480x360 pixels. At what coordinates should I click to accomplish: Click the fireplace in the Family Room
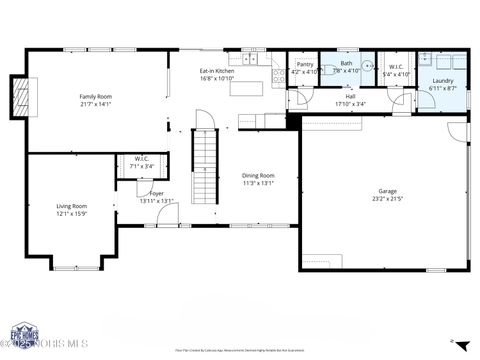(19, 96)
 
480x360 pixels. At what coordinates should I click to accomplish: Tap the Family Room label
(95, 97)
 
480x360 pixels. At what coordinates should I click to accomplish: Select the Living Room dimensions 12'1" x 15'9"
(72, 213)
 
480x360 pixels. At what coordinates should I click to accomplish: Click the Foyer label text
(157, 193)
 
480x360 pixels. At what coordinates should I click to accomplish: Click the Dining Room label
(258, 175)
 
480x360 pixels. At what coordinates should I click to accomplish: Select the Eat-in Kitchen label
(217, 71)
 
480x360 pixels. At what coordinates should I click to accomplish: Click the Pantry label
(305, 64)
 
